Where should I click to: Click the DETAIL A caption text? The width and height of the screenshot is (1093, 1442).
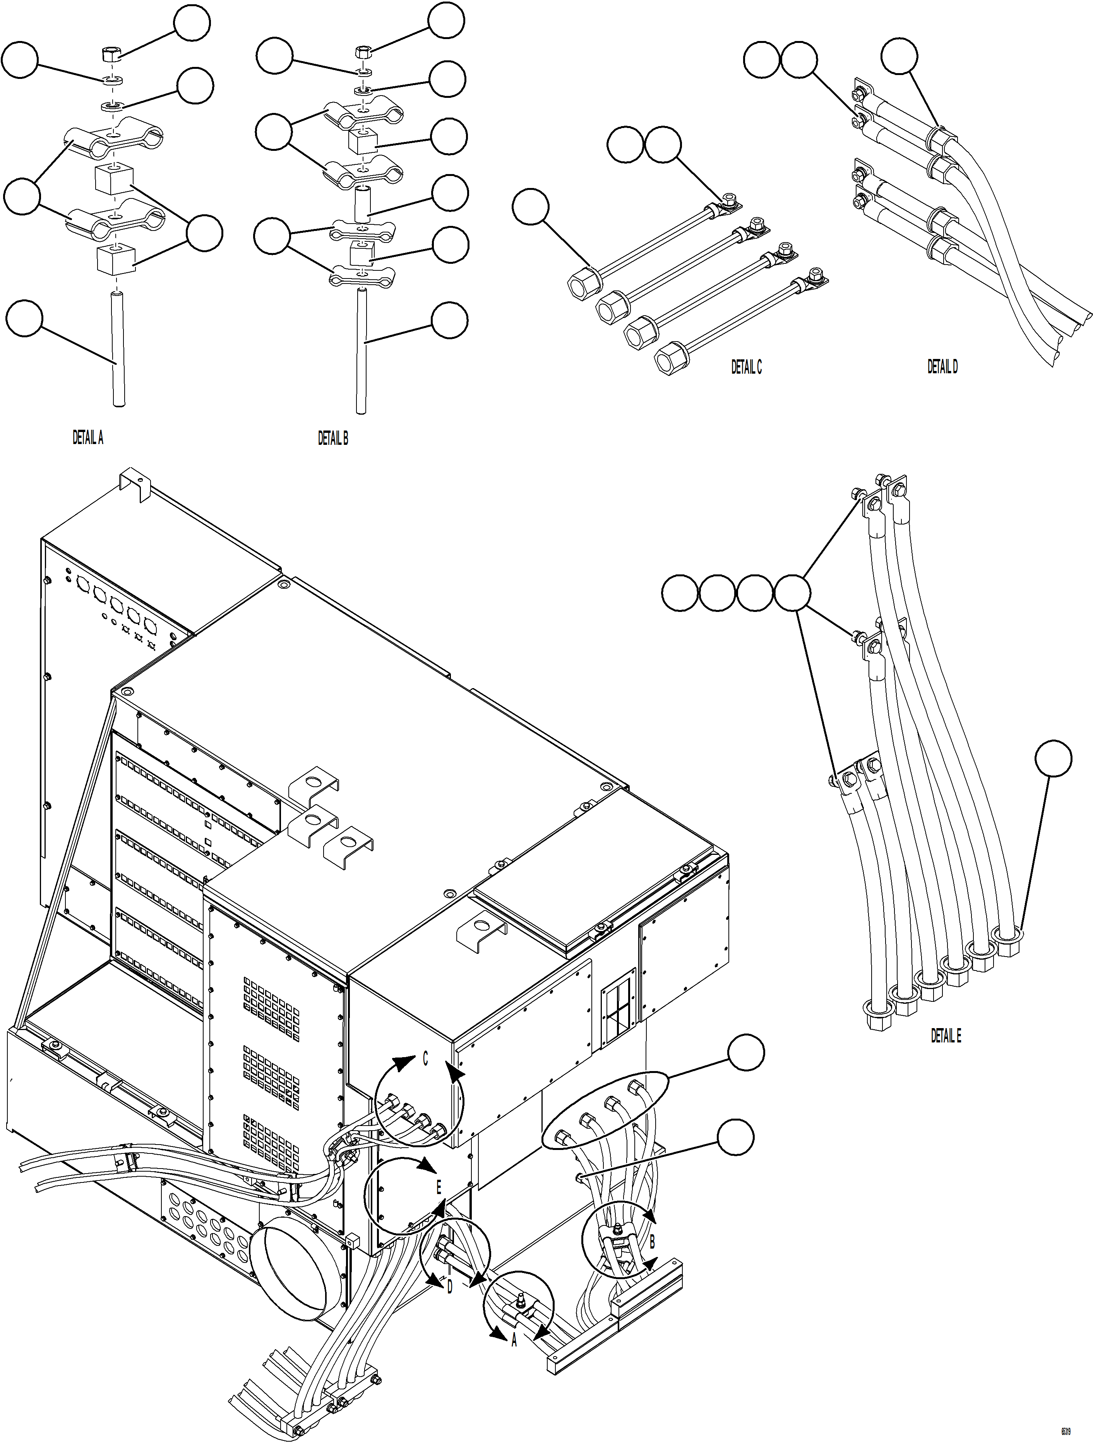click(87, 438)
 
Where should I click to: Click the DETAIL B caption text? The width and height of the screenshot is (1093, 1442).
click(332, 439)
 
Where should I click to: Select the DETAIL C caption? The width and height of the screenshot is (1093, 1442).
click(746, 367)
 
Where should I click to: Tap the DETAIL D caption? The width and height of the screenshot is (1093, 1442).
click(942, 367)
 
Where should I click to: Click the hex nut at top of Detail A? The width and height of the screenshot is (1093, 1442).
click(110, 55)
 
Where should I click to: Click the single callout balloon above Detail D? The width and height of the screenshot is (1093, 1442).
click(899, 57)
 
